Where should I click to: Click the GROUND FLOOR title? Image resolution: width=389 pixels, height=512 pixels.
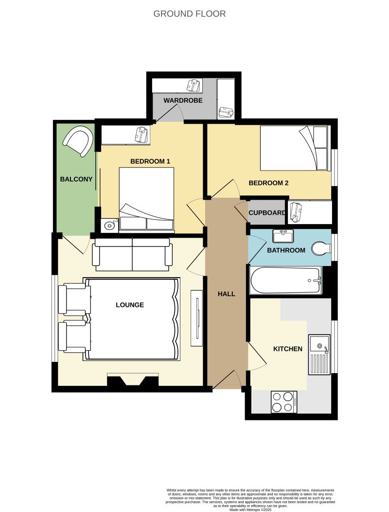190,14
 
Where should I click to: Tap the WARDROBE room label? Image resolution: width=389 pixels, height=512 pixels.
183,101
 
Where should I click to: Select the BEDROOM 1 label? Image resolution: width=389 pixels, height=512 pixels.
150,161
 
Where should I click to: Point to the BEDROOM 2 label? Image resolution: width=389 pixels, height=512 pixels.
268,183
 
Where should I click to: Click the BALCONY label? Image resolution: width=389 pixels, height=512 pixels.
76,179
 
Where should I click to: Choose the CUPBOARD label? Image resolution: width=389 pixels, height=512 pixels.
267,213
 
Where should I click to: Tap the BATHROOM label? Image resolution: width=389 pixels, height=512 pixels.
286,250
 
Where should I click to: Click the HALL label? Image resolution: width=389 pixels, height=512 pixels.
226,294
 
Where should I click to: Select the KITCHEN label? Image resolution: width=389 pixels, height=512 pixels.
288,349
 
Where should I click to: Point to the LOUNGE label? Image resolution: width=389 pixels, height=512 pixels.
130,305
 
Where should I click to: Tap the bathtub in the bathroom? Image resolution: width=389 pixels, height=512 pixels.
285,280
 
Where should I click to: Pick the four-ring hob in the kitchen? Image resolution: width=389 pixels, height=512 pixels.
284,402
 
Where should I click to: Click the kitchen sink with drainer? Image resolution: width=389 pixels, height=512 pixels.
319,354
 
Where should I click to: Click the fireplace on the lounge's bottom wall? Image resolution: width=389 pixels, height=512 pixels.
133,380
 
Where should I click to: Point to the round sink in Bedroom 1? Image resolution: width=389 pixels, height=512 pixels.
110,225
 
